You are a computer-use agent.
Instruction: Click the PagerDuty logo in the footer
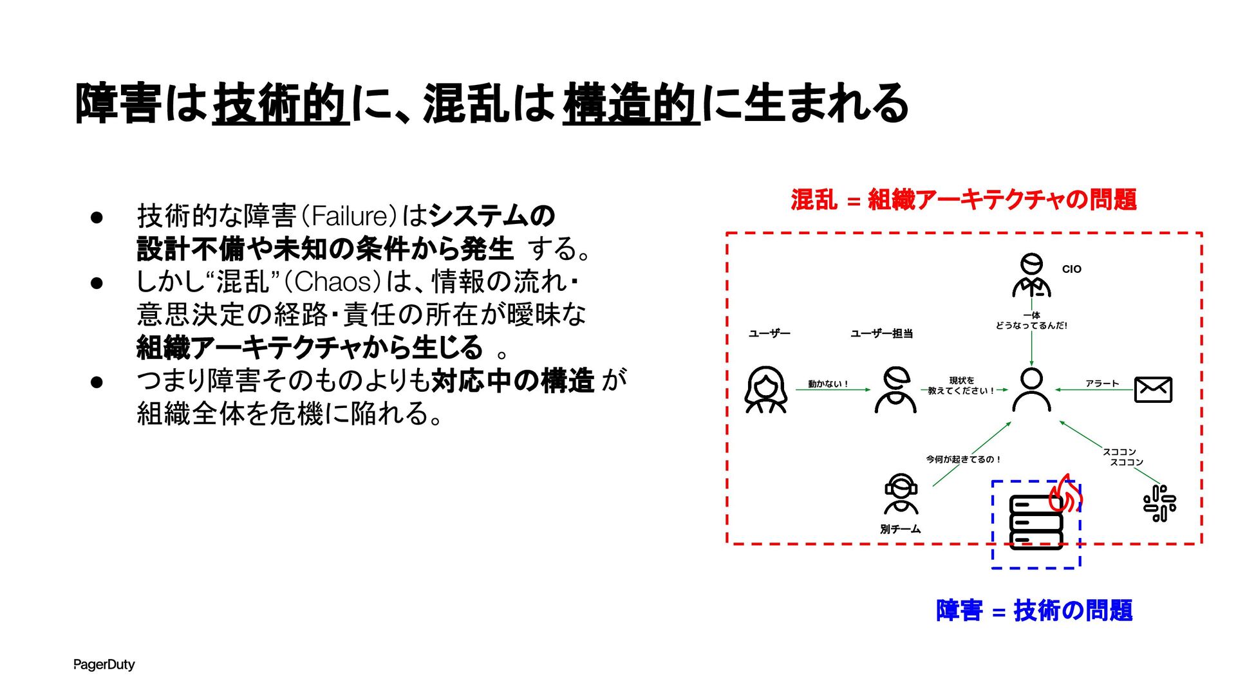(104, 664)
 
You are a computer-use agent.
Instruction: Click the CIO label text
(1071, 269)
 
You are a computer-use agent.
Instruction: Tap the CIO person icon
(1031, 275)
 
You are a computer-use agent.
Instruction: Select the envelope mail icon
(1152, 389)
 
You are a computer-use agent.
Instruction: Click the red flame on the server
(1065, 494)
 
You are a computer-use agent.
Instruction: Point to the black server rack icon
(1035, 521)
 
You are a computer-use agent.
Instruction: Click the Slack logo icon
(1159, 503)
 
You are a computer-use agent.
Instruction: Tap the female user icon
(765, 389)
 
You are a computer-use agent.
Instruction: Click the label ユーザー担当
(881, 333)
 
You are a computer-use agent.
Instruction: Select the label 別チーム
(900, 529)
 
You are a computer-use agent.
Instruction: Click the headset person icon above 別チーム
(901, 494)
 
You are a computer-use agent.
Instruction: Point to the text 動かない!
(828, 384)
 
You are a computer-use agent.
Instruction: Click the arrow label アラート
(1102, 384)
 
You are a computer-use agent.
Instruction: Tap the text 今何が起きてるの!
(963, 459)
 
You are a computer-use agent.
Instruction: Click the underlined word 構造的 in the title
(631, 104)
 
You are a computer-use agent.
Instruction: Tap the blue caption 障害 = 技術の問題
(1034, 610)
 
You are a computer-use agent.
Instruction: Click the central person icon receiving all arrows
(1031, 390)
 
